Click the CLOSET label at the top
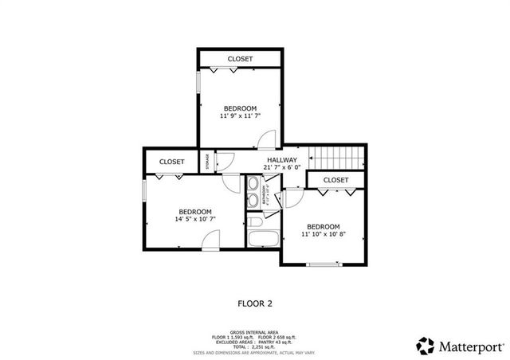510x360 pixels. [240, 59]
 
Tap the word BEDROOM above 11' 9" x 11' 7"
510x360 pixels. [240, 108]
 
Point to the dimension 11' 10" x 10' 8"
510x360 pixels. [324, 234]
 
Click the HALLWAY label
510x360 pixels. [280, 159]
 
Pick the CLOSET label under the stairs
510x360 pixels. [335, 180]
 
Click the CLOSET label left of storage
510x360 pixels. [171, 162]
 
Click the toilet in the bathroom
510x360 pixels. [255, 220]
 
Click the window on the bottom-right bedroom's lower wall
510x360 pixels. [324, 264]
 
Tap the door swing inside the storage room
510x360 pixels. [226, 160]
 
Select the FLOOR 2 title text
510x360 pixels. [255, 303]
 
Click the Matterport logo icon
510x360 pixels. [426, 346]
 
